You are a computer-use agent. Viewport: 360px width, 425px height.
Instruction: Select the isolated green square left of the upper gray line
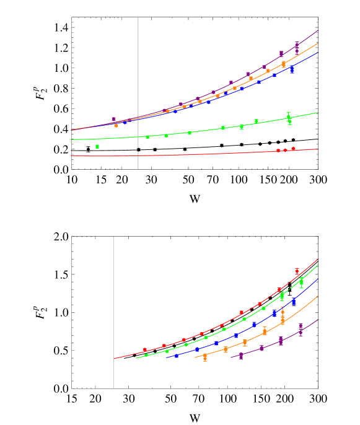pyautogui.click(x=97, y=146)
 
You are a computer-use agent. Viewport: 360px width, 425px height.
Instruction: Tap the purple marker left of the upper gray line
pyautogui.click(x=113, y=119)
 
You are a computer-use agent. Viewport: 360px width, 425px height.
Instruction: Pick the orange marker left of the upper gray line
pyautogui.click(x=116, y=125)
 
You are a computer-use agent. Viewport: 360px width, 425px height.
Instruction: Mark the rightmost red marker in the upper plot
pyautogui.click(x=294, y=149)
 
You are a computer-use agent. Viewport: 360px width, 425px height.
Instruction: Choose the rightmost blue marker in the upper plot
pyautogui.click(x=292, y=69)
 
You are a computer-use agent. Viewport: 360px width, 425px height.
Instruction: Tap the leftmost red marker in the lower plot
pyautogui.click(x=144, y=350)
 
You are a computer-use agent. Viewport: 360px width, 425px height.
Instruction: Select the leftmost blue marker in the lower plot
pyautogui.click(x=176, y=356)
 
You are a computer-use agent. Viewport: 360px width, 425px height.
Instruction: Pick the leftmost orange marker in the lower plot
pyautogui.click(x=205, y=357)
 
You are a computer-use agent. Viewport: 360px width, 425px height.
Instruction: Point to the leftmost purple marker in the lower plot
pyautogui.click(x=241, y=356)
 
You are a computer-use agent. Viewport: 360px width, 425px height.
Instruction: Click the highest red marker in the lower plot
pyautogui.click(x=297, y=271)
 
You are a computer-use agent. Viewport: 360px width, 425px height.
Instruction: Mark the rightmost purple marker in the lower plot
pyautogui.click(x=301, y=326)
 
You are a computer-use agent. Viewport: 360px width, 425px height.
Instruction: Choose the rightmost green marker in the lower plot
pyautogui.click(x=301, y=282)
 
